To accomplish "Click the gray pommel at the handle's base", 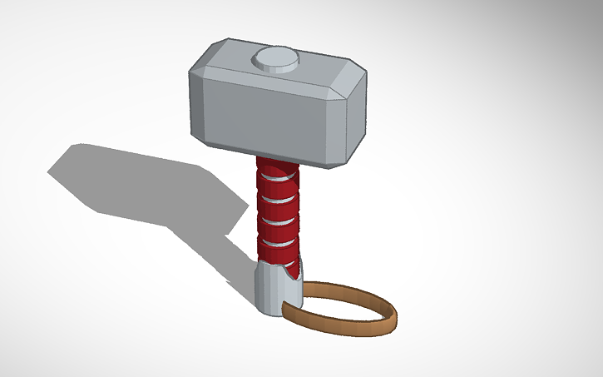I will pos(270,291).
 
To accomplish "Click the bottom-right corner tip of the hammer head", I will pos(337,166).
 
